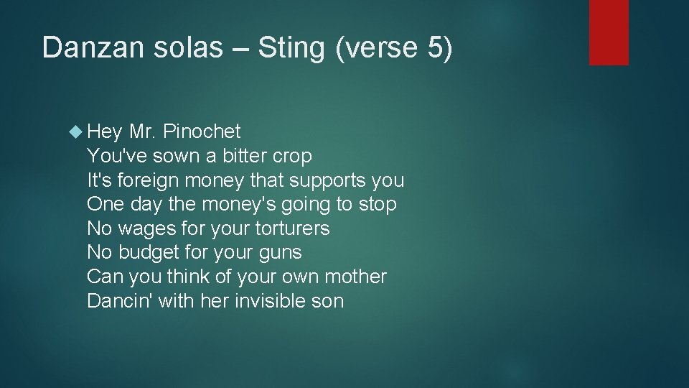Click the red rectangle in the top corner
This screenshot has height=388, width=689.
(609, 32)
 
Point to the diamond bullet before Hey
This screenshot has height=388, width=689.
(78, 131)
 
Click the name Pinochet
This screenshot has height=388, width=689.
(202, 131)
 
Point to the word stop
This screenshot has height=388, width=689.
(377, 205)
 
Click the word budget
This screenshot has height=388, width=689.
(149, 253)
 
